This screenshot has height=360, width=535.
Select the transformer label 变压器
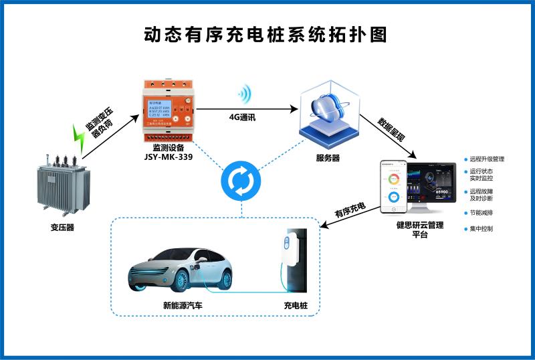pyautogui.click(x=62, y=227)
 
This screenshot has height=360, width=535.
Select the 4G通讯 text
pyautogui.click(x=243, y=116)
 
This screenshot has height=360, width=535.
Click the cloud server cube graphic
pyautogui.click(x=327, y=111)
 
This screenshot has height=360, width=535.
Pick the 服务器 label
pyautogui.click(x=328, y=159)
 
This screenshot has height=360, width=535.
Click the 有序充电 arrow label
pyautogui.click(x=350, y=211)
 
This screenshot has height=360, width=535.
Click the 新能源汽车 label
pyautogui.click(x=183, y=305)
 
